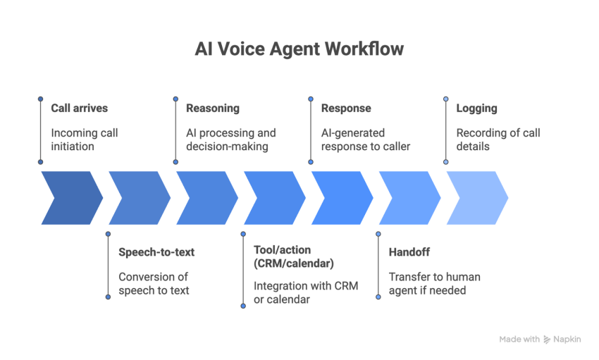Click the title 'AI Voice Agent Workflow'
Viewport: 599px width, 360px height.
point(299,50)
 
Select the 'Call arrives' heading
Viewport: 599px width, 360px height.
point(79,108)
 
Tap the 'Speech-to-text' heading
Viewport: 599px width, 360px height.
point(156,252)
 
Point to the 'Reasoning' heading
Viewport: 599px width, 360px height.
point(212,108)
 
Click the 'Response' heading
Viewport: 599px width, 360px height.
point(346,108)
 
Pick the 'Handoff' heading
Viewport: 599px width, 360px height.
point(409,252)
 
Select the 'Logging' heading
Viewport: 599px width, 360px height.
point(476,108)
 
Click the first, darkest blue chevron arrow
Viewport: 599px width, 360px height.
point(71,197)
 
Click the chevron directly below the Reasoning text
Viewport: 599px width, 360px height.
point(206,197)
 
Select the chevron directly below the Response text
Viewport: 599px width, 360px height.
point(342,197)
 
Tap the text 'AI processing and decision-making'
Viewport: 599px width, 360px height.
point(231,139)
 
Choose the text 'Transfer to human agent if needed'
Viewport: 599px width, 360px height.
point(434,283)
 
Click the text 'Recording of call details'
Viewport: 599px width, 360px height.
point(498,139)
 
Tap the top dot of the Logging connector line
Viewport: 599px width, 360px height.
point(446,99)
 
